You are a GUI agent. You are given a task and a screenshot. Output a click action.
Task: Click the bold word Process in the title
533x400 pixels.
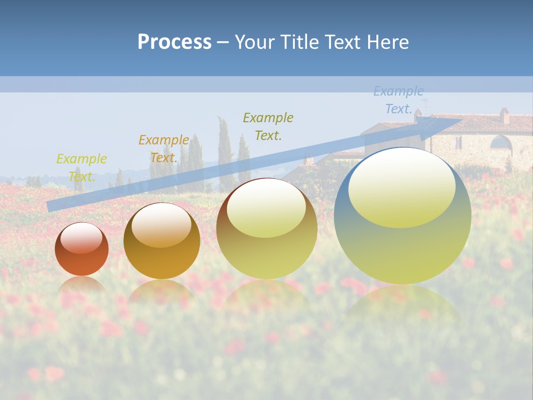point(174,42)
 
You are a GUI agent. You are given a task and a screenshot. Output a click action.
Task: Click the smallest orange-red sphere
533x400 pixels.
point(82,249)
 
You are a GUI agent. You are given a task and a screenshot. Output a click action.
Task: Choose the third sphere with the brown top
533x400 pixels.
point(266,228)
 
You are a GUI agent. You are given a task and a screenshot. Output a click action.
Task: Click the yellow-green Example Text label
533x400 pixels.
point(82,168)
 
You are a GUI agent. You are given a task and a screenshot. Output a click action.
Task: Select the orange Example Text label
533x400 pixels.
point(164,149)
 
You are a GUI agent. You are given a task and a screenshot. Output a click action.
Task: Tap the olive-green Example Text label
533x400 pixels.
point(268,126)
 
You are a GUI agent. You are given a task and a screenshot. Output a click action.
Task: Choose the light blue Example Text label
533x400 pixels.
point(399,100)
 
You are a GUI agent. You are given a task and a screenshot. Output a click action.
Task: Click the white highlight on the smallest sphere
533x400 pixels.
point(81,238)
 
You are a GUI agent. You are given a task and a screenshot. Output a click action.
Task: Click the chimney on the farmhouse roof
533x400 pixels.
point(504,116)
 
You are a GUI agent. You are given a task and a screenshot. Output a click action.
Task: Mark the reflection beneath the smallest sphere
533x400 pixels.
point(82,286)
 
